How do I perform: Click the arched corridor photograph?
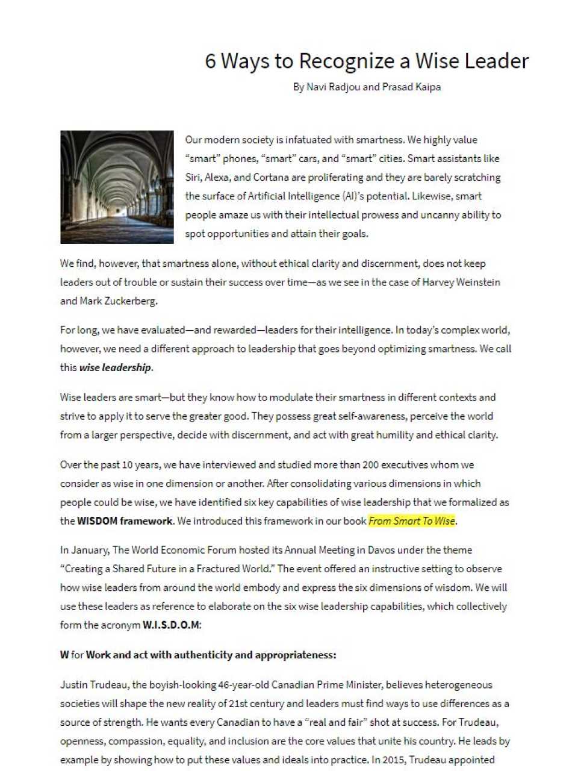tap(117, 187)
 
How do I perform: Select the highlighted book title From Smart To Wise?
tap(412, 521)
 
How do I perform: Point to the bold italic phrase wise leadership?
tap(116, 367)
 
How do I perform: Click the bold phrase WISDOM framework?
tap(125, 521)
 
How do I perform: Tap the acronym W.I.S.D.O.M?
tap(170, 625)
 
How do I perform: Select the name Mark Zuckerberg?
tap(117, 301)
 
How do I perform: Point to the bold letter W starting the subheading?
tap(64, 655)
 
